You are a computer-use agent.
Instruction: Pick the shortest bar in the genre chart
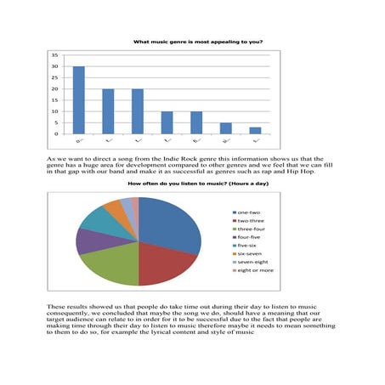pos(255,130)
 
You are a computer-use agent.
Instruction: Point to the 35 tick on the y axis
pos(54,54)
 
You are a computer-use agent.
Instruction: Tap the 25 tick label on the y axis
pos(54,77)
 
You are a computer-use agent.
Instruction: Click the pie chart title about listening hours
pos(192,184)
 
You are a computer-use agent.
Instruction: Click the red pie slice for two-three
pos(161,266)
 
